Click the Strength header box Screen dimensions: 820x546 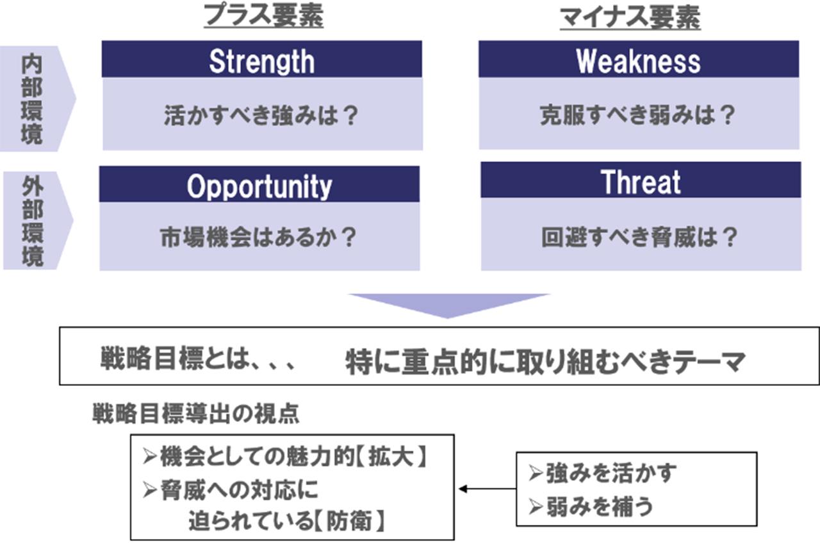tap(262, 59)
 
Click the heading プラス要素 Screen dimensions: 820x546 tap(263, 16)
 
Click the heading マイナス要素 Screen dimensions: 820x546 tap(630, 18)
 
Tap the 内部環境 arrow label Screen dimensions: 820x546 tap(32, 99)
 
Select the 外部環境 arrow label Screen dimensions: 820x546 tap(33, 221)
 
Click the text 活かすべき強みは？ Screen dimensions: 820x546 tap(261, 115)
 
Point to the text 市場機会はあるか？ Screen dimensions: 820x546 tap(258, 237)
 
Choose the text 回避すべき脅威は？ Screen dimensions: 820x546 tap(639, 237)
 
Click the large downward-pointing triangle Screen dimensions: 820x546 tap(448, 303)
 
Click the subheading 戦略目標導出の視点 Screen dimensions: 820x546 tap(196, 414)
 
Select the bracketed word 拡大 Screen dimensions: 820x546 tap(391, 456)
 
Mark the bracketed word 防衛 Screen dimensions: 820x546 tap(349, 521)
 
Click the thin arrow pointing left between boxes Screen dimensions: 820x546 tap(488, 488)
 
